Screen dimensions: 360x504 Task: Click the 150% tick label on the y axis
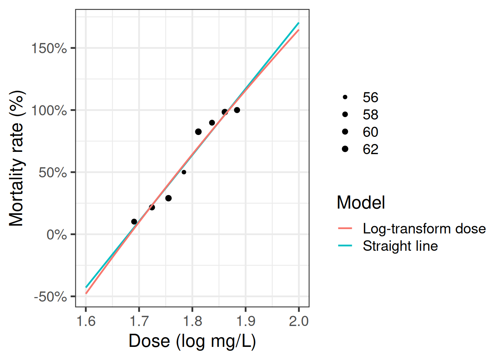click(49, 48)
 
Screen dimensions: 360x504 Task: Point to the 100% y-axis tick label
click(49, 111)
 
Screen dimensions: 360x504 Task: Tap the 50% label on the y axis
click(52, 173)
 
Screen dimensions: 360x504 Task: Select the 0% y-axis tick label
click(57, 235)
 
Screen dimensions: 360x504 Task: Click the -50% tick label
click(50, 297)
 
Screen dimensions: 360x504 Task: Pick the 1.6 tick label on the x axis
click(86, 321)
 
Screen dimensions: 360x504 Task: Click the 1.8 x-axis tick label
click(192, 321)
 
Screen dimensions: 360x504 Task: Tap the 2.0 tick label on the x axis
click(299, 321)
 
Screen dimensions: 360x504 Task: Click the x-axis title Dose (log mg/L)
click(192, 341)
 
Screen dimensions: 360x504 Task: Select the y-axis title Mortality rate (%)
click(16, 158)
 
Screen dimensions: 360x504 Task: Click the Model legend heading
click(361, 202)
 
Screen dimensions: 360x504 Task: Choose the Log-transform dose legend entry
click(424, 228)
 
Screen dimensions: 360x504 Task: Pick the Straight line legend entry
click(400, 246)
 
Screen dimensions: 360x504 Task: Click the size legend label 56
click(370, 97)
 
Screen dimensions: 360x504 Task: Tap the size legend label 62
click(370, 149)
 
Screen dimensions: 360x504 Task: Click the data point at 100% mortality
click(237, 110)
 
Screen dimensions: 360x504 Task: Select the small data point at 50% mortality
click(184, 172)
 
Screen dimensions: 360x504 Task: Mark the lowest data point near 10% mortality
click(134, 222)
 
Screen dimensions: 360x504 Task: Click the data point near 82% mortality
click(198, 132)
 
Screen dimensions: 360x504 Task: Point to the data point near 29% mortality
click(168, 198)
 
